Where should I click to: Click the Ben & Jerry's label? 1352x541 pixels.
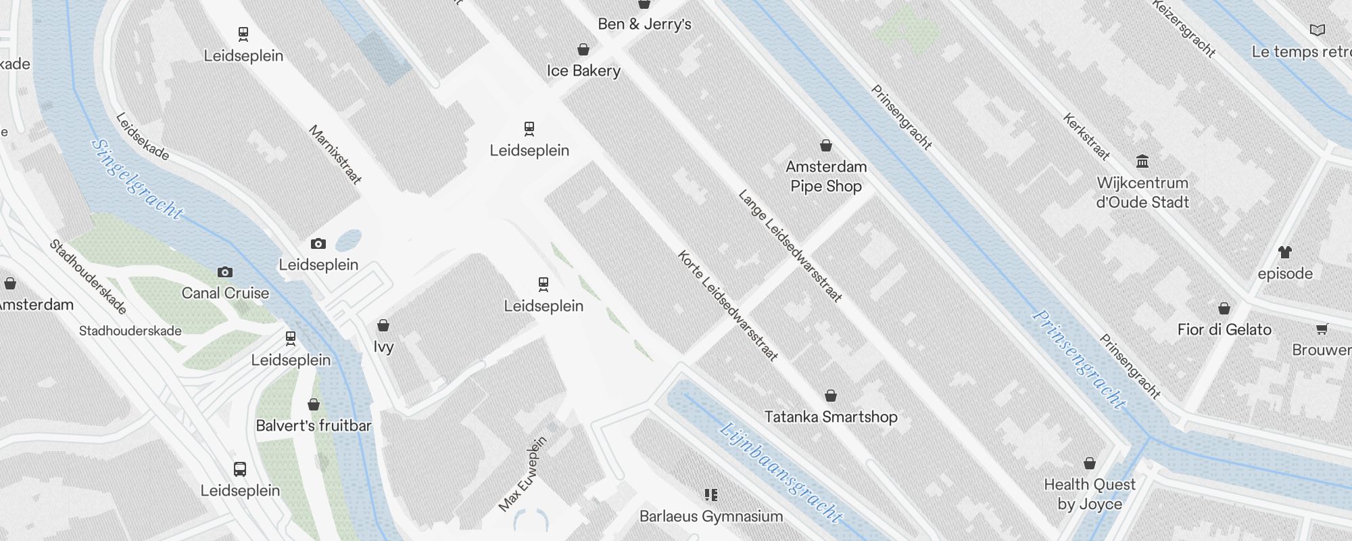point(644,24)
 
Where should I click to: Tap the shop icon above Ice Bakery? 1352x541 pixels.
point(583,49)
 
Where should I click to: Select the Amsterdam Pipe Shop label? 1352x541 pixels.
point(826,177)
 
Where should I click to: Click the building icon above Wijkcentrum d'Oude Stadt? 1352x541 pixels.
point(1143,161)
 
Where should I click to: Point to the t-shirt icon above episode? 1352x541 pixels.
point(1285,252)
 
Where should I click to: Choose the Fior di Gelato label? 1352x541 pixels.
point(1224,330)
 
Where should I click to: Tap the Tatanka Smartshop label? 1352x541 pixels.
point(831,417)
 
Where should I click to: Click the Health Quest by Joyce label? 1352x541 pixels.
point(1090,494)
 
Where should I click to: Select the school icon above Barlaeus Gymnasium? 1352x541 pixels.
point(710,495)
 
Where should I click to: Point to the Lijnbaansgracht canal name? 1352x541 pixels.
point(781,473)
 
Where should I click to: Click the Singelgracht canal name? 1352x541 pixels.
point(137,179)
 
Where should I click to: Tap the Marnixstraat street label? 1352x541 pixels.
point(335,155)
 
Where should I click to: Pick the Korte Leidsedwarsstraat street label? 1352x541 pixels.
point(728,306)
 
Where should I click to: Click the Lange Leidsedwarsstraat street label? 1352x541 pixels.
point(790,245)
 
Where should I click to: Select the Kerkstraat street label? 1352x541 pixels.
point(1086,137)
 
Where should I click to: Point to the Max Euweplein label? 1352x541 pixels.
point(522,474)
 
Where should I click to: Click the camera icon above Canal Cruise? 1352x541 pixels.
point(225,273)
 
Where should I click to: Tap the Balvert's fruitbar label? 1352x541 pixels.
point(314,426)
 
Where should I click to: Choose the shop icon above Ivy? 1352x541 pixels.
point(383,326)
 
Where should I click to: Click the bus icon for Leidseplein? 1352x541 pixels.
point(240,469)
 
